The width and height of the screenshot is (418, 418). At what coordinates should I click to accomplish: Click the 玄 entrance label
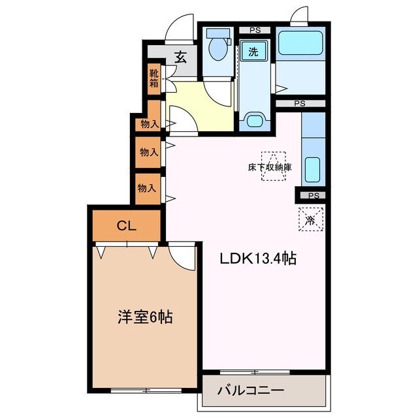(x=180, y=57)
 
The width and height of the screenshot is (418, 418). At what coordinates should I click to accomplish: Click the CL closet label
(x=126, y=226)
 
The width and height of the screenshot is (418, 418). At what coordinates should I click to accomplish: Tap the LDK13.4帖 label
(x=257, y=259)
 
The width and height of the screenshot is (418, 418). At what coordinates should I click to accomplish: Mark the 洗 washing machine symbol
(x=251, y=50)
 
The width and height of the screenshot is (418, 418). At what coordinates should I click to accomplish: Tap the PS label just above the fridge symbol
(x=313, y=195)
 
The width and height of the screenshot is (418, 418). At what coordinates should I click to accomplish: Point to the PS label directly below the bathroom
(x=299, y=103)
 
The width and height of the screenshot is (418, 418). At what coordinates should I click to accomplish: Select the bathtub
(x=300, y=44)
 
